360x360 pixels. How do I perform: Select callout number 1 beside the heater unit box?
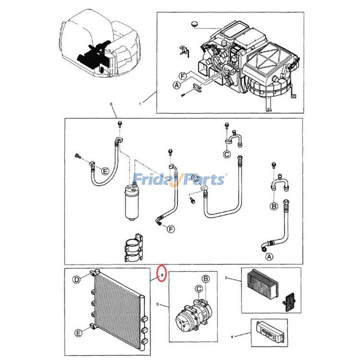click(140, 104)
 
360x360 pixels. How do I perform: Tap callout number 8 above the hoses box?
click(112, 105)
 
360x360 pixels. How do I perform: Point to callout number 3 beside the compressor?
click(157, 305)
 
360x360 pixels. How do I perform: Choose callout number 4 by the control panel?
click(232, 336)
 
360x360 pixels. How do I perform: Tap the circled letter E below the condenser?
click(77, 333)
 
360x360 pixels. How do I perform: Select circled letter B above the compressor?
click(206, 279)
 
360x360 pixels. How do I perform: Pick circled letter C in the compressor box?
click(198, 288)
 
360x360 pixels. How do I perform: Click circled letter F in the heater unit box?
click(183, 76)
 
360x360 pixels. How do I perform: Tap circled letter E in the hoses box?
click(105, 171)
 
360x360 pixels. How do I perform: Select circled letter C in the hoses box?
click(227, 154)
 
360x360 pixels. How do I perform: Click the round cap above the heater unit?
click(194, 24)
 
